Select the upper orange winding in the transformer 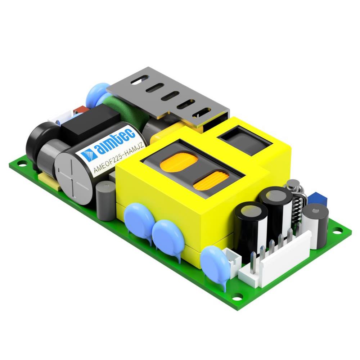click(x=179, y=163)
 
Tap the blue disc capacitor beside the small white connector click(x=215, y=265)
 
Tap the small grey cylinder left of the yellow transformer click(x=105, y=200)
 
